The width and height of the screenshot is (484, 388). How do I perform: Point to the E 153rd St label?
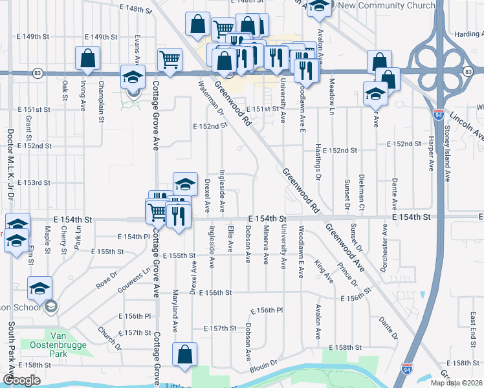point(34,183)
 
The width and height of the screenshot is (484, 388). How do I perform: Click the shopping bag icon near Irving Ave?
point(87,58)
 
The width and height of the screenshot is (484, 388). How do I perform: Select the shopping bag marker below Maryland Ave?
point(184,354)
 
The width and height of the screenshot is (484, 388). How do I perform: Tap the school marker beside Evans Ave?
point(133,77)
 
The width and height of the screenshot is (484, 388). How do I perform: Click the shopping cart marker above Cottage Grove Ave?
point(170,59)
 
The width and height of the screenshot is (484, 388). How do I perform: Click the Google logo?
point(22,380)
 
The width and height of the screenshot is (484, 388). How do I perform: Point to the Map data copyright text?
point(456,383)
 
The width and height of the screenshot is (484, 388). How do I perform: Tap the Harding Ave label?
point(468,34)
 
